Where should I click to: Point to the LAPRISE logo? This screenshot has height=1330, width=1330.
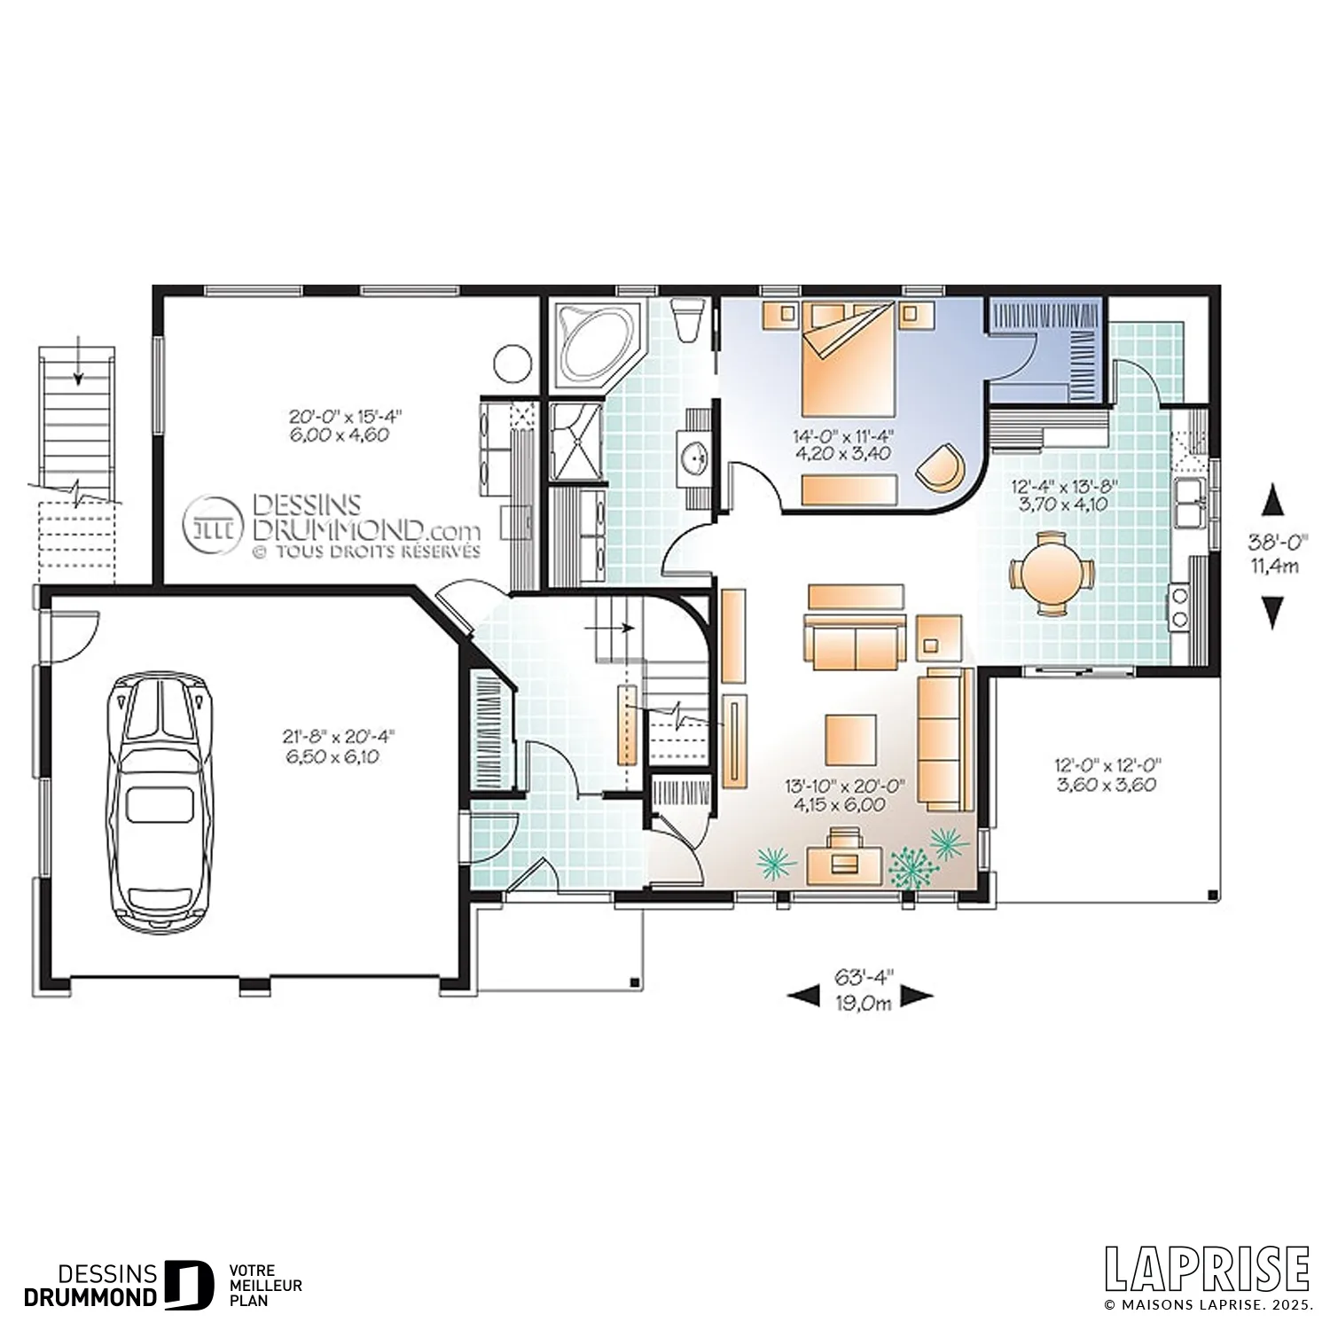(x=1207, y=1269)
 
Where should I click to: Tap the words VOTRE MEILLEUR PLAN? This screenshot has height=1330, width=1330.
(x=265, y=1285)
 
